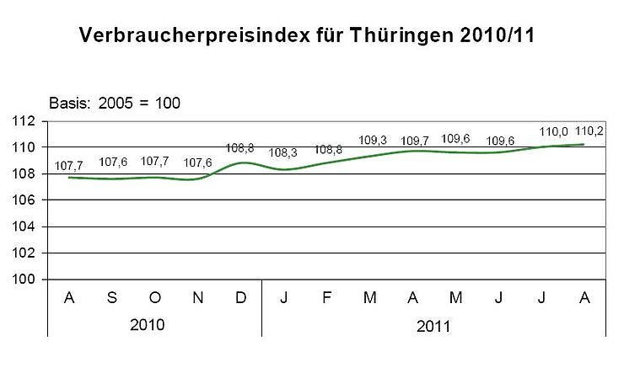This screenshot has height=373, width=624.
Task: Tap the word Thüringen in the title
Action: coord(389,37)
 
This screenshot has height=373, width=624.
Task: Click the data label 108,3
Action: coord(284,153)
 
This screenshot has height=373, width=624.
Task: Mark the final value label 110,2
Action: coord(588,131)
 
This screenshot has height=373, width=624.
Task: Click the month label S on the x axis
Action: coord(112,298)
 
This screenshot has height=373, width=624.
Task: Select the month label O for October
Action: coord(155,298)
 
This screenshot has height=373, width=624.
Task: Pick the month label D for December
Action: coord(241,298)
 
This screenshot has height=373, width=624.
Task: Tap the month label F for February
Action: coord(327,298)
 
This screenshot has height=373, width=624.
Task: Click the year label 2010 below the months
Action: coord(154,325)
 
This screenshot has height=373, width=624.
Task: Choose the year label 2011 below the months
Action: coord(434,325)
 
